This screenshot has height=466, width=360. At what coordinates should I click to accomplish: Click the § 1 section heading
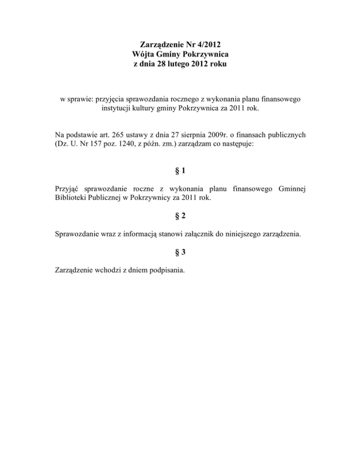point(180,172)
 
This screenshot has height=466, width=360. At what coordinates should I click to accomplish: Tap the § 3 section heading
point(180,252)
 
